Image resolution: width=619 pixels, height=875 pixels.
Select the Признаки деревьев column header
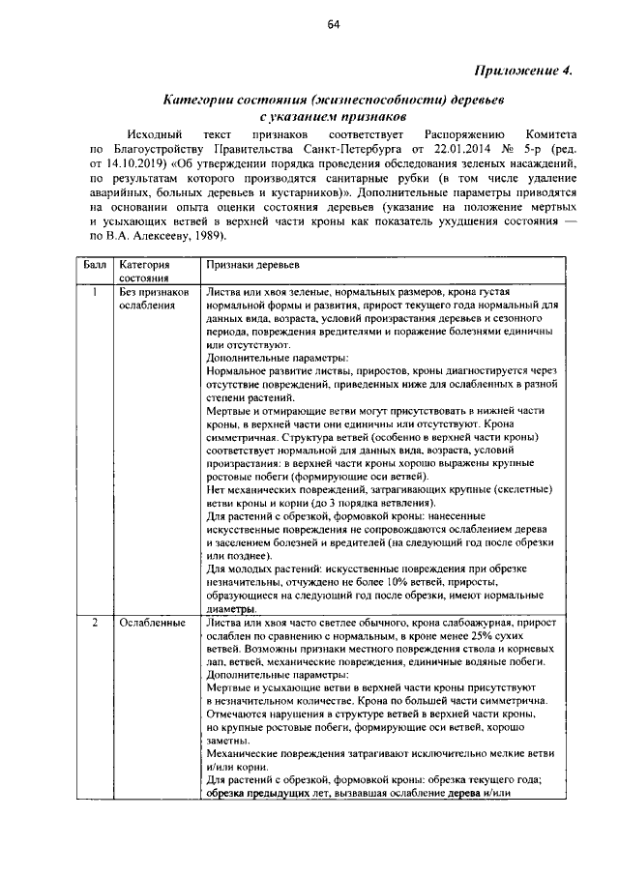253,264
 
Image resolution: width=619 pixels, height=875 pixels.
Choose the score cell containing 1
94,291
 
